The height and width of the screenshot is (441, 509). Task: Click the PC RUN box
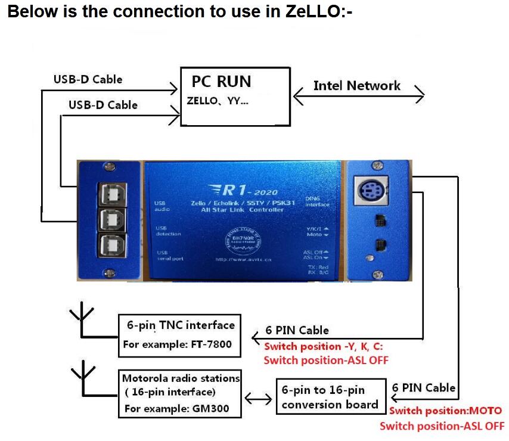coord(235,96)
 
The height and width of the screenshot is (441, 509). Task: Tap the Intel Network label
coord(356,86)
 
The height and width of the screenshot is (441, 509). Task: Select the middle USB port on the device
coord(109,218)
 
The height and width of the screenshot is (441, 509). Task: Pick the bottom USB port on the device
coord(109,245)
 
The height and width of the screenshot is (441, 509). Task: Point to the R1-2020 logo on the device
coord(244,190)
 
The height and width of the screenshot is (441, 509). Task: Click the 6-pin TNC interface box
coord(180,335)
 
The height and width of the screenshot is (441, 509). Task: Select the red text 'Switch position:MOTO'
coord(445,411)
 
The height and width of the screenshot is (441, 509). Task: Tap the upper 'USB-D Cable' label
coord(88,79)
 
